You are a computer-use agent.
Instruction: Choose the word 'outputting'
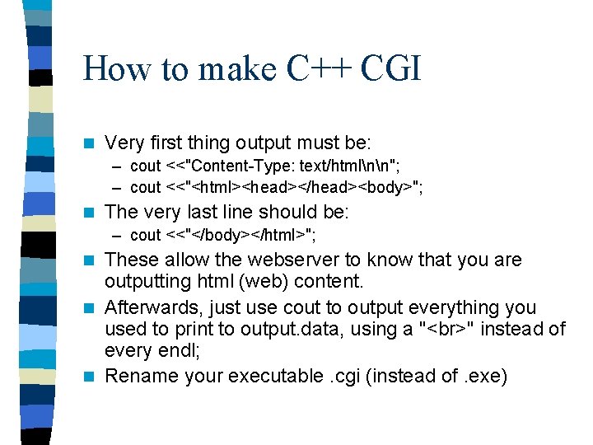[x=147, y=282]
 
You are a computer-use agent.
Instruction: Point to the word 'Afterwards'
[x=151, y=308]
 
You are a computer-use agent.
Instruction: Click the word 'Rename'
[x=138, y=377]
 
